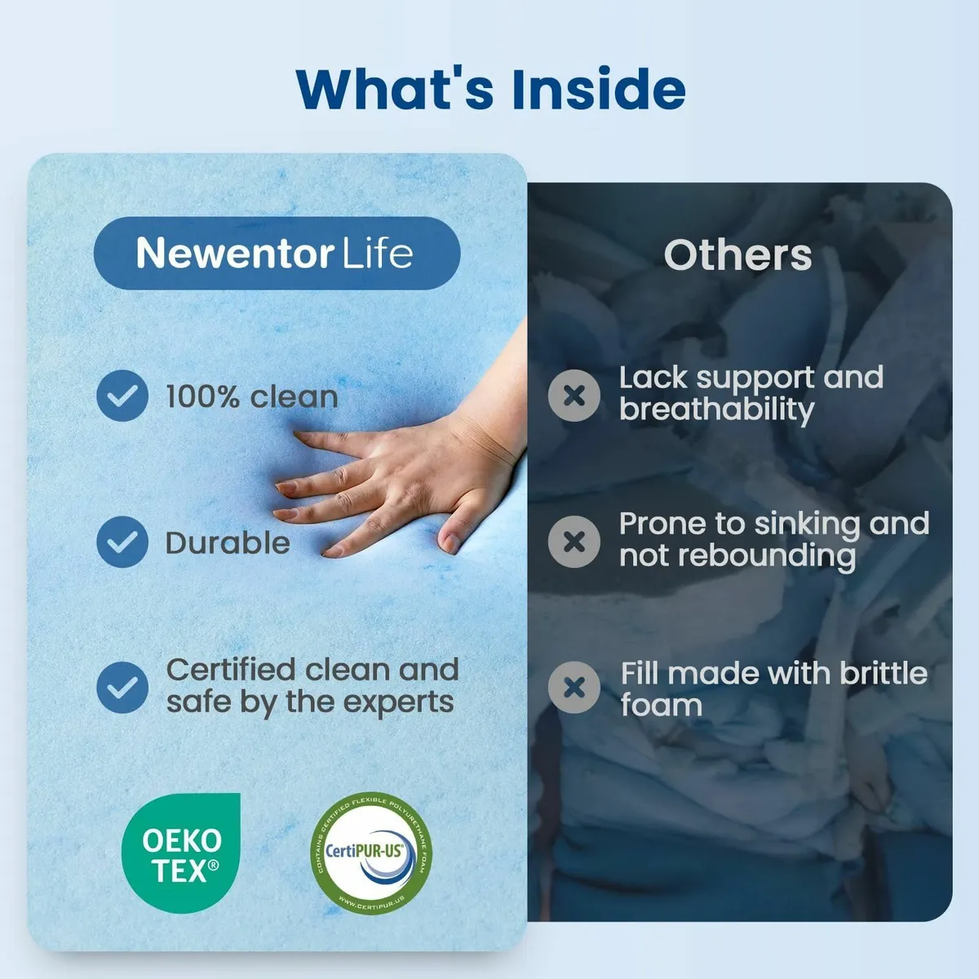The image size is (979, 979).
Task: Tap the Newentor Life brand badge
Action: coord(277,253)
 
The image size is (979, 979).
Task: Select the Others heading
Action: coord(738,255)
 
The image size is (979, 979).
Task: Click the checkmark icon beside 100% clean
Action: coord(122,396)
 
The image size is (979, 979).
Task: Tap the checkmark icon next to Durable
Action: coord(122,542)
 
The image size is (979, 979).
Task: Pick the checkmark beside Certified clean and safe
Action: coord(122,687)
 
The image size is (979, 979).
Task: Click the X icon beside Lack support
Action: coord(574,396)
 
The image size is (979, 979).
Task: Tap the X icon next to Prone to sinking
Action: coord(574,541)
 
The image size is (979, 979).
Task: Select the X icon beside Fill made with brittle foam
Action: coord(574,687)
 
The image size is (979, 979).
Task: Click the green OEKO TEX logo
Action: coord(181,853)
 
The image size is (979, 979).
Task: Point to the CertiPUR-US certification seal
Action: coord(372,853)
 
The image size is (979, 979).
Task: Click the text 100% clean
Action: coord(251,396)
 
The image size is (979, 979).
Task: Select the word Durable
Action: coord(228,543)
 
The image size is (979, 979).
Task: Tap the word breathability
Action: coord(716,410)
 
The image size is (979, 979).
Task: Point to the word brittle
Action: coord(884,673)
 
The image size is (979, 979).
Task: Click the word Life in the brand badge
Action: coord(377,253)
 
